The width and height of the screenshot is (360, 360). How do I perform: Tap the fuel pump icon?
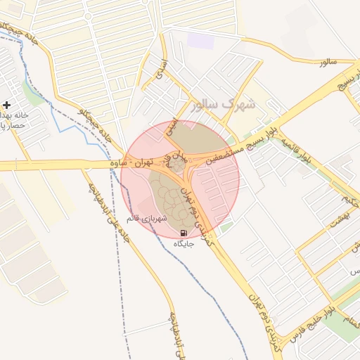click(x=184, y=233)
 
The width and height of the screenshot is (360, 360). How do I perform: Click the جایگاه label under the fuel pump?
click(x=184, y=244)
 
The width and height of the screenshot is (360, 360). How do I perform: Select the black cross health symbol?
click(x=7, y=104)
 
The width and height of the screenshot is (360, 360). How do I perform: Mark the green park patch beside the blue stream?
click(x=32, y=92)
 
